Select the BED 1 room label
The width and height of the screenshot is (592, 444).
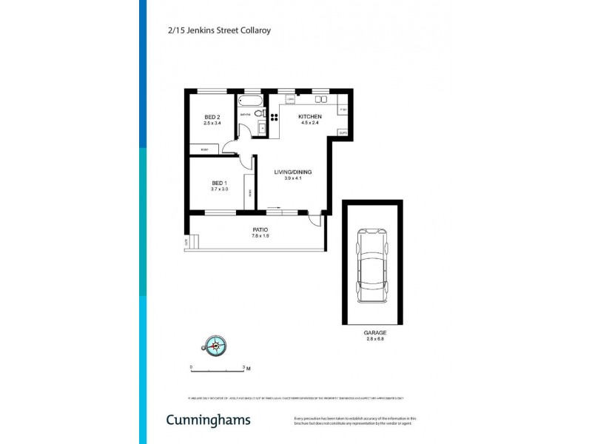pyautogui.click(x=218, y=183)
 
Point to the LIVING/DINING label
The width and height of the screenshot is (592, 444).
pyautogui.click(x=293, y=172)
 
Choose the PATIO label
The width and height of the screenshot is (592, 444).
pyautogui.click(x=260, y=229)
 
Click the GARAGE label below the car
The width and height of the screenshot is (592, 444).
pyautogui.click(x=375, y=333)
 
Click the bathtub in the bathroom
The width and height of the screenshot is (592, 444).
pyautogui.click(x=252, y=100)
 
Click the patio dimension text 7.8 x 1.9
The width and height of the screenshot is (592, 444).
pyautogui.click(x=260, y=236)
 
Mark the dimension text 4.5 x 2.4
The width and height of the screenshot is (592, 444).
pyautogui.click(x=309, y=124)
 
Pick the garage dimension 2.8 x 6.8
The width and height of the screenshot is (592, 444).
pyautogui.click(x=375, y=340)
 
